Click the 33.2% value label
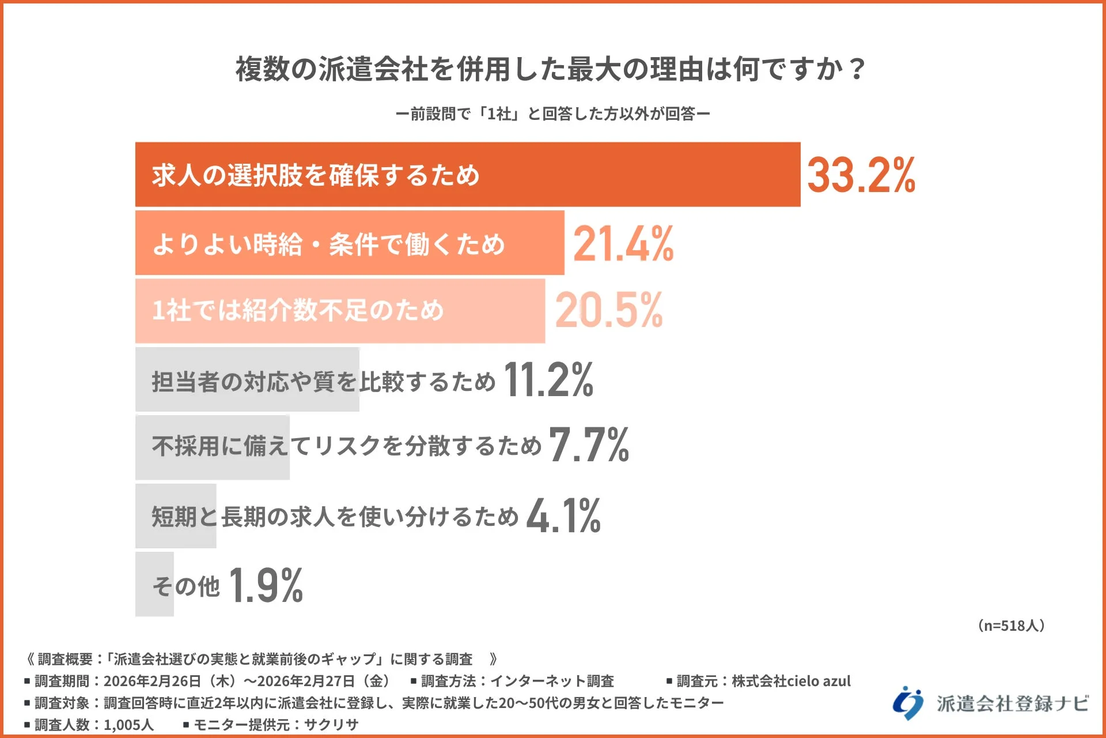point(861,175)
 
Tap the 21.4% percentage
point(623,244)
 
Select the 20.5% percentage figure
point(609,310)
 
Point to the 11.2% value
point(548,380)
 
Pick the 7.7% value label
point(588,445)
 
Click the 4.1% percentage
point(563,515)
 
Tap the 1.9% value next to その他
point(266,586)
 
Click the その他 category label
point(185,586)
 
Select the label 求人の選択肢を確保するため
point(315,175)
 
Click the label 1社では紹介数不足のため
point(297,310)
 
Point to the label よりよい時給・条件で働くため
point(328,244)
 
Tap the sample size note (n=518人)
point(1011,626)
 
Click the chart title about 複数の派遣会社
point(551,69)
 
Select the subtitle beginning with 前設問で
point(552,114)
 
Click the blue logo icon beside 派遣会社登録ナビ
point(908,703)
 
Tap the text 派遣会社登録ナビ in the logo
point(1012,703)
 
